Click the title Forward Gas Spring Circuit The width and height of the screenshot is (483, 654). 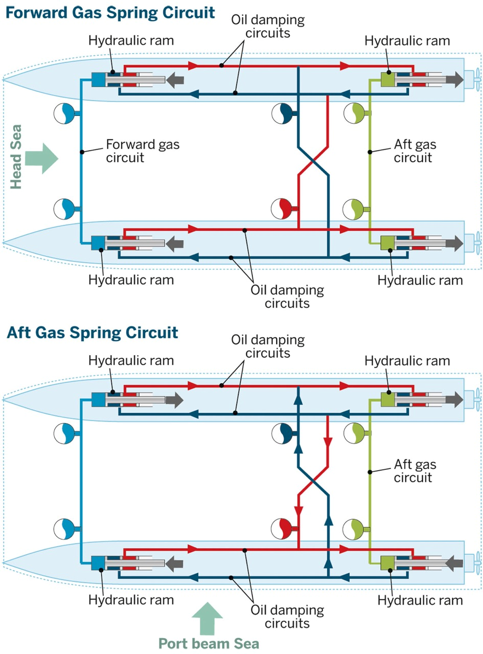pos(109,12)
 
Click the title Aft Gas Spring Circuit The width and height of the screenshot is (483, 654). pos(92,333)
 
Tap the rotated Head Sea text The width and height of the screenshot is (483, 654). pos(17,158)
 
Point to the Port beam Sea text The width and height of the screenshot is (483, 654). pos(208,643)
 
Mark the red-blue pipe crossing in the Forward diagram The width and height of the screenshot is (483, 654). pos(313,159)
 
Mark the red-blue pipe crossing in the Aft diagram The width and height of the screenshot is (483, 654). pos(313,480)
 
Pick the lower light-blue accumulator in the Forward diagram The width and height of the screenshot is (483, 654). pos(65,208)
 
